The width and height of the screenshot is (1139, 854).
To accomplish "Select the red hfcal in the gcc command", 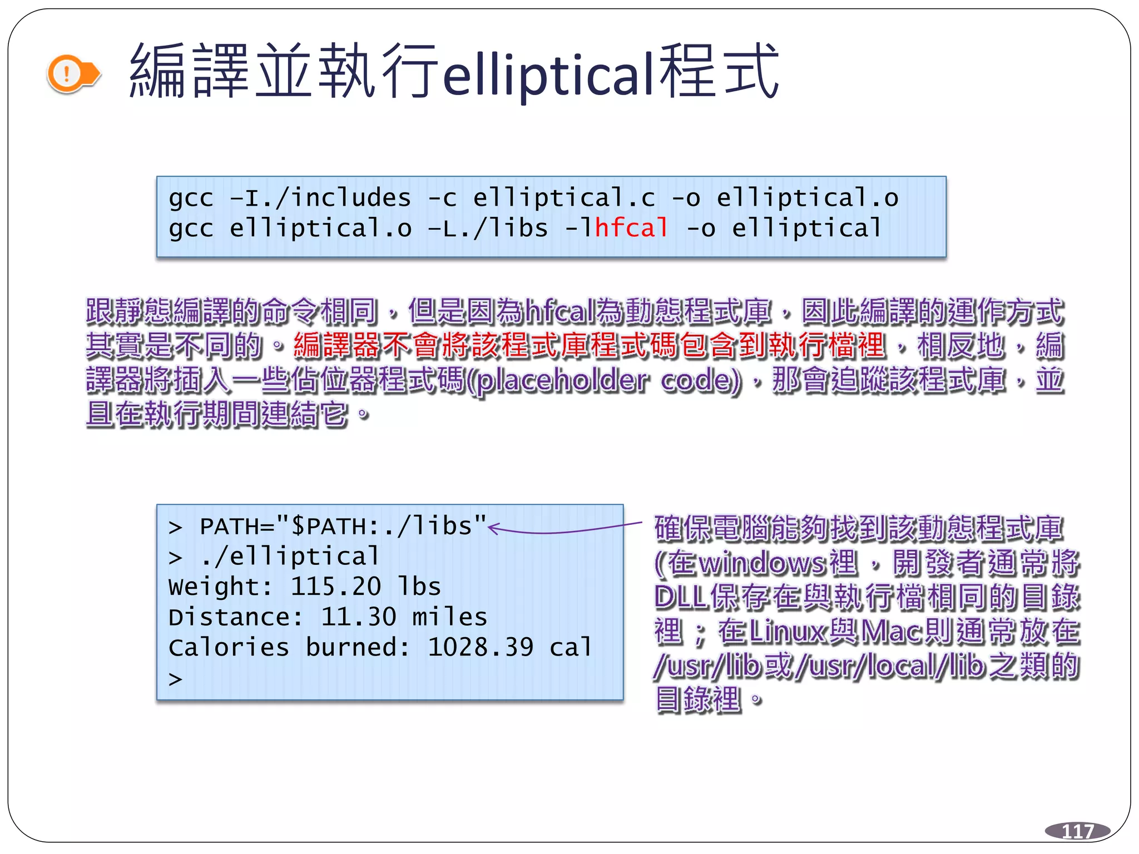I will [631, 228].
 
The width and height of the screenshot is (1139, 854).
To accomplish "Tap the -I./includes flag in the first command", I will [320, 198].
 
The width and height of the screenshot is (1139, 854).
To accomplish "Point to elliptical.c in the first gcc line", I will [564, 198].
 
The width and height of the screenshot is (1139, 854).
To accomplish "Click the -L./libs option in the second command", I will [488, 228].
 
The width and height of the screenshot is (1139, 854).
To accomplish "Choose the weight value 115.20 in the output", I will [336, 587].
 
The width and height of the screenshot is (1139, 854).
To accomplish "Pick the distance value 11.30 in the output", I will [359, 617].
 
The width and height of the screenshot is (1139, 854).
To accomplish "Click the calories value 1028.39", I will [481, 647].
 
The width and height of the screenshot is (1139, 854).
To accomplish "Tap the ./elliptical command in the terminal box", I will [290, 557].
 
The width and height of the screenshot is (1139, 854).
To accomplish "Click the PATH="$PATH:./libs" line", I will [343, 526].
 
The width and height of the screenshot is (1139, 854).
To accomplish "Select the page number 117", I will [1077, 831].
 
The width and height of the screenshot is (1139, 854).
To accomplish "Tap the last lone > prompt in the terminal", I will [176, 678].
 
